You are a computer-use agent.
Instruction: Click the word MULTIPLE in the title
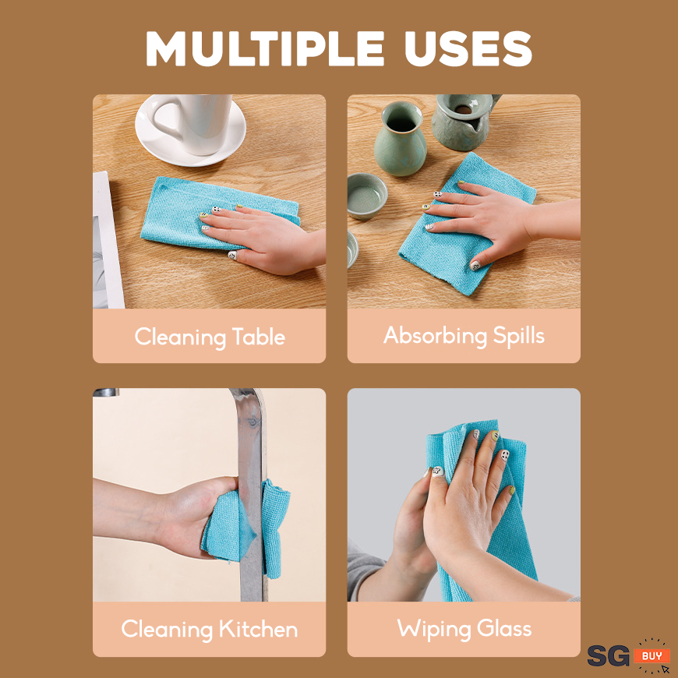click(265, 48)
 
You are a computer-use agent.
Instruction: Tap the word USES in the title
click(468, 48)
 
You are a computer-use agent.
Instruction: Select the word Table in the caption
click(259, 337)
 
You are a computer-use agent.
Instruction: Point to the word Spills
click(518, 336)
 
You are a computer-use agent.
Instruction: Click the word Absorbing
click(436, 336)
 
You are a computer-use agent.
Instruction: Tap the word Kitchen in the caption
click(258, 629)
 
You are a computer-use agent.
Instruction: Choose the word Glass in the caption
click(504, 628)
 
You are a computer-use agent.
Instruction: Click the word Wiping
click(434, 629)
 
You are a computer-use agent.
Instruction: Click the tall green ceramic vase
click(401, 139)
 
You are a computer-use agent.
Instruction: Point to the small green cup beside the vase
click(366, 196)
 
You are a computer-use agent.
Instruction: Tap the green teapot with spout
click(464, 121)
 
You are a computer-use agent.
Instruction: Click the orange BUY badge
click(652, 655)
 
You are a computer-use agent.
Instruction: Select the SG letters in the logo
click(608, 656)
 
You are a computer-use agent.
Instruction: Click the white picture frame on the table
click(106, 240)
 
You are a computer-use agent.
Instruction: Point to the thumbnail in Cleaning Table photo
click(233, 256)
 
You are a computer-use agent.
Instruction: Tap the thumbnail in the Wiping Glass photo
click(438, 471)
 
